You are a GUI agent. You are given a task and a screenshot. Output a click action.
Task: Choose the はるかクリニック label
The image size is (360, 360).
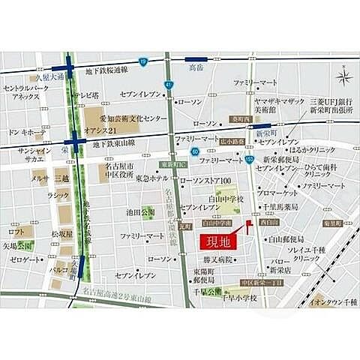[309, 147]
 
